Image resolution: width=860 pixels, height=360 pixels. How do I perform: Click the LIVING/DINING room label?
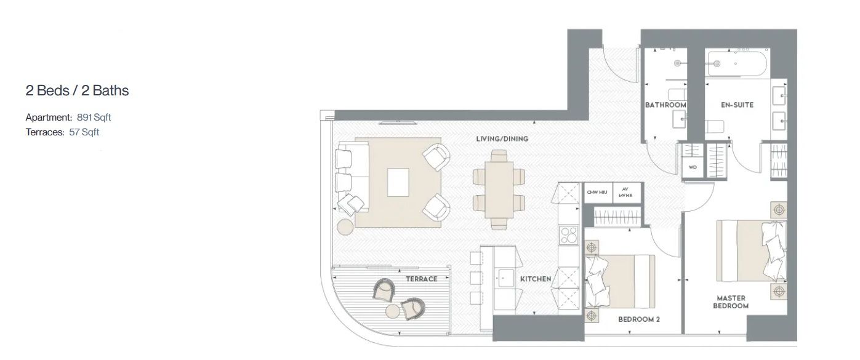(502, 139)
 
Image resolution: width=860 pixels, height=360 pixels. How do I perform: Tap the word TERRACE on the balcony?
(422, 279)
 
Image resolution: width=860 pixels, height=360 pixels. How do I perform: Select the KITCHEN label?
(536, 279)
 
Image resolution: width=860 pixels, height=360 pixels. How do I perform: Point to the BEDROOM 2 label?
(639, 319)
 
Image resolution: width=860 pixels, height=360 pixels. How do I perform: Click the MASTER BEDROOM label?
(731, 302)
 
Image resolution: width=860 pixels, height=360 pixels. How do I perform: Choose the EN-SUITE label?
(737, 105)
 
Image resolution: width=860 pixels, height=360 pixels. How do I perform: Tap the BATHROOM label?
(665, 105)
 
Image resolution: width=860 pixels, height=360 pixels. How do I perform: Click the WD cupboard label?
(693, 167)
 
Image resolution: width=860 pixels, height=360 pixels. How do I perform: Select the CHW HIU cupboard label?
(597, 192)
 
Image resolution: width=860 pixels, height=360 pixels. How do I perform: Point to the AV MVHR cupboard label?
(625, 192)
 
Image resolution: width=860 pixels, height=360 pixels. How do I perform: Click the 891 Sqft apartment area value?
(94, 117)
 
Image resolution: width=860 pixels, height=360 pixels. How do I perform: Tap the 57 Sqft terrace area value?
(84, 132)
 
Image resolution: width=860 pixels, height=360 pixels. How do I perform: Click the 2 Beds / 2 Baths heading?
(77, 90)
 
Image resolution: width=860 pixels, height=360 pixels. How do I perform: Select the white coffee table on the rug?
(398, 183)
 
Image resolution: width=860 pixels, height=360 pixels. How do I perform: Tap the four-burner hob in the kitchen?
(569, 235)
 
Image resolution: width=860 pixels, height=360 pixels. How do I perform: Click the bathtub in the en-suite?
(737, 64)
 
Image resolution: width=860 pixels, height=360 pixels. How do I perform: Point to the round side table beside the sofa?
(345, 227)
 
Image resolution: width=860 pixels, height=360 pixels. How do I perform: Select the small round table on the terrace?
(393, 311)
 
